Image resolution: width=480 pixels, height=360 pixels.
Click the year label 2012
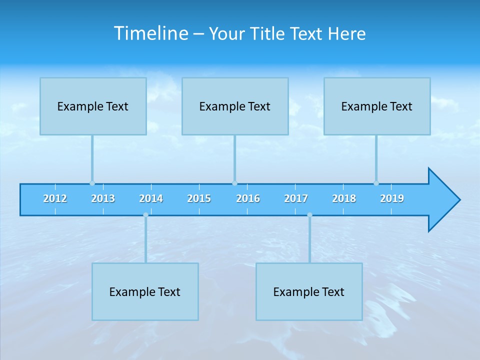55,198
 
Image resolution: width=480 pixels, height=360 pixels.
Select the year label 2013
103,198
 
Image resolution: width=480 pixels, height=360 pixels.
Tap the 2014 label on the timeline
151,198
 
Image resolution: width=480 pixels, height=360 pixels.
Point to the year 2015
199,198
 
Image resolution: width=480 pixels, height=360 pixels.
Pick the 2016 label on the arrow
248,198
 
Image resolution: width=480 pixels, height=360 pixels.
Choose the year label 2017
296,198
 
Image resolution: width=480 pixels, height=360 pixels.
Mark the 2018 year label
344,198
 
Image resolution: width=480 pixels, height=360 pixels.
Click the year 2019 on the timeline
392,198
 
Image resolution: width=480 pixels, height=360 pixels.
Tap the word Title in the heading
268,33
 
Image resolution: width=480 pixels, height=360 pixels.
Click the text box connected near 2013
93,106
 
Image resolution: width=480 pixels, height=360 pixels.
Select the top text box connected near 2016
235,106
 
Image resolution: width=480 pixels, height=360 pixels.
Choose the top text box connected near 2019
377,106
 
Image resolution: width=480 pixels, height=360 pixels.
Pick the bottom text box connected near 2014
145,291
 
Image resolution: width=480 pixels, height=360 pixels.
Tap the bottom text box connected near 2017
309,291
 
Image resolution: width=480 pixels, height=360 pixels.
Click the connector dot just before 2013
92,183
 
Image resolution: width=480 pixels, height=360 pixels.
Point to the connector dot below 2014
145,215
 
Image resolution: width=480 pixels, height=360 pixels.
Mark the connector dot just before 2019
376,183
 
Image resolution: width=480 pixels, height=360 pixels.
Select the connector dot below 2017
309,215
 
